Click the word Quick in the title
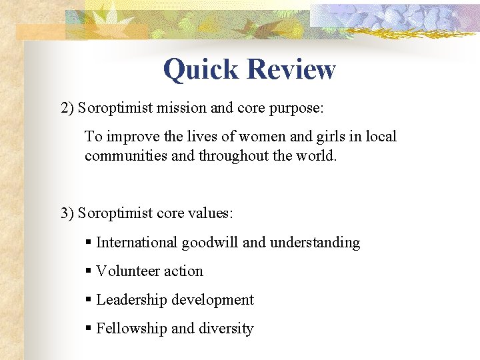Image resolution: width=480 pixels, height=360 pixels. coord(201,69)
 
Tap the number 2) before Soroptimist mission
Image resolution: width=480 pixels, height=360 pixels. coord(67,108)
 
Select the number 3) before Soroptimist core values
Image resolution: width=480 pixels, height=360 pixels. coord(67,213)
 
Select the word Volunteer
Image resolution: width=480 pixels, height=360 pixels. coord(123,271)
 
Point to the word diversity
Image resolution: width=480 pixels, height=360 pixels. coord(227,329)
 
